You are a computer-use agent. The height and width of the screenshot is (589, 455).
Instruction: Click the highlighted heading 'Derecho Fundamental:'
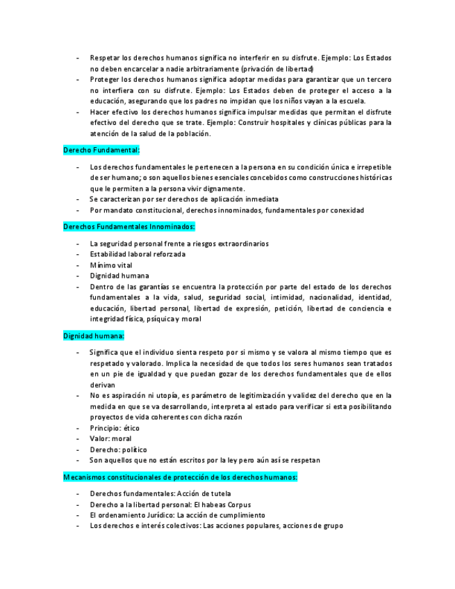(101, 149)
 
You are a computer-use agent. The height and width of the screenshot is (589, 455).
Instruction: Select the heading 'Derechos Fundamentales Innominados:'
(129, 226)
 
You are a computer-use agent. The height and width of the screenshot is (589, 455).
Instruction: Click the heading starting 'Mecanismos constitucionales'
(181, 477)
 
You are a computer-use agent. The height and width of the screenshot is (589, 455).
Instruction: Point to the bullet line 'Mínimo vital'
(111, 265)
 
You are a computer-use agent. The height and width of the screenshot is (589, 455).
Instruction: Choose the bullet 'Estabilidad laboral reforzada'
(138, 254)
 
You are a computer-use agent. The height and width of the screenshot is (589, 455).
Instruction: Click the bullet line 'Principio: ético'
(115, 428)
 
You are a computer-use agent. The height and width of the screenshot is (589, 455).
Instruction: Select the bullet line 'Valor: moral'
(110, 439)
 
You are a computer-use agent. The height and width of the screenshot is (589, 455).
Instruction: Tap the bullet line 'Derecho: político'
(118, 449)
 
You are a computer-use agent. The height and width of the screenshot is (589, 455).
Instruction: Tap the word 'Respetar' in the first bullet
(105, 58)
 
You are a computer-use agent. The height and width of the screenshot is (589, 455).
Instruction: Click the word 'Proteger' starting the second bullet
(105, 80)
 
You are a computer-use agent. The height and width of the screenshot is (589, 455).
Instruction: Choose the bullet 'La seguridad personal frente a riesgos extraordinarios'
(179, 243)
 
